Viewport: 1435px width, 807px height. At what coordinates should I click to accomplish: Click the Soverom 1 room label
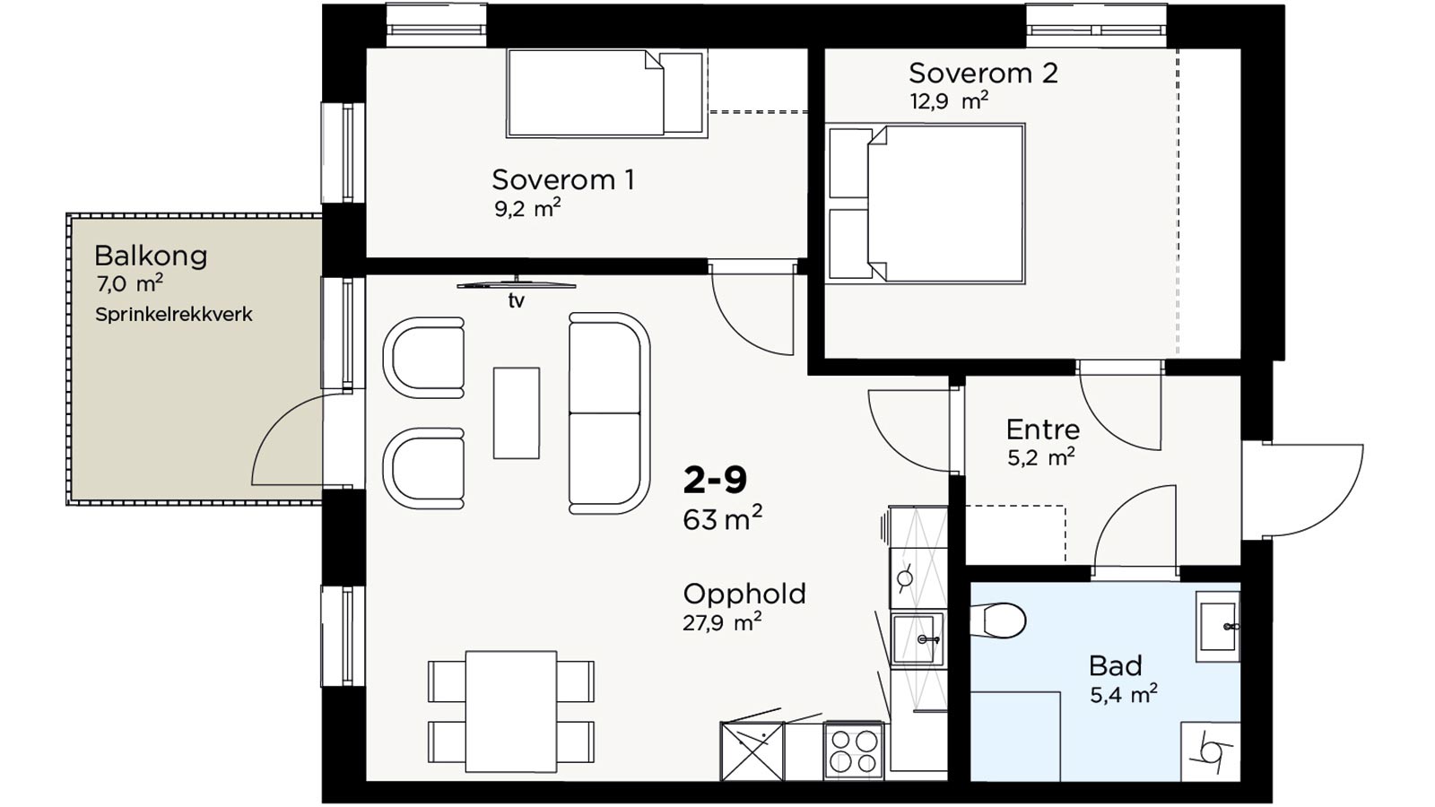click(563, 180)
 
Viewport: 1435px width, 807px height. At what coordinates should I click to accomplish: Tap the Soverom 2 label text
click(983, 73)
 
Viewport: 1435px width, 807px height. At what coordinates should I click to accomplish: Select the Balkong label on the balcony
click(151, 256)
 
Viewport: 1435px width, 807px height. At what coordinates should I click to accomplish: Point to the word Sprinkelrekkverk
click(174, 315)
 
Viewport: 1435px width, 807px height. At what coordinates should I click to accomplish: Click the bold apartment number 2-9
click(715, 481)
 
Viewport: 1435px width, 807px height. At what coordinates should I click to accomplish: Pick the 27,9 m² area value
click(722, 622)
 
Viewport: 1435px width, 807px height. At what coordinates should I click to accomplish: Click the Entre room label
click(1043, 430)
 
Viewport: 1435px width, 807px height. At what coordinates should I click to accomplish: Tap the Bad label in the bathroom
click(1116, 666)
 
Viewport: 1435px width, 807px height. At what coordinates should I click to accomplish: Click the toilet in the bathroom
click(998, 620)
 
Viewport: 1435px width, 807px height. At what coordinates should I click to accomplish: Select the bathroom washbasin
click(1217, 627)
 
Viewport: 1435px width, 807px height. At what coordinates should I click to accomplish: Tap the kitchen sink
click(917, 639)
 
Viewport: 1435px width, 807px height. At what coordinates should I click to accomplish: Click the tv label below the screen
click(517, 300)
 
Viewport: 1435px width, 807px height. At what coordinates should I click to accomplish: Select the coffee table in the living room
click(517, 413)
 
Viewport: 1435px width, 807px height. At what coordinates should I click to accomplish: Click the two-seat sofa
click(609, 413)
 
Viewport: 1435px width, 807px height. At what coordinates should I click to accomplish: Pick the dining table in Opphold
click(511, 712)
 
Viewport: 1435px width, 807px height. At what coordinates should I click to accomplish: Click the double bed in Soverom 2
click(926, 204)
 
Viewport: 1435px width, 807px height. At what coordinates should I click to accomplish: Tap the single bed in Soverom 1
click(606, 93)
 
